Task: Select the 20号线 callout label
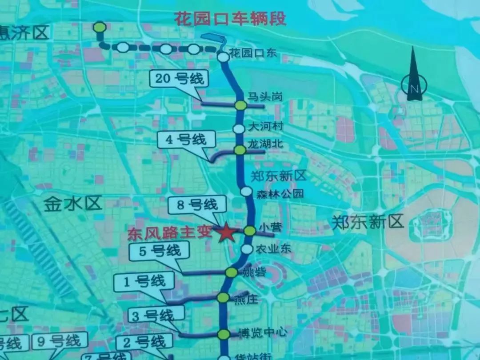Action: point(180,79)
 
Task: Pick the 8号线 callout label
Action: point(197,205)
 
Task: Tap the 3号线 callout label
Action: point(157,316)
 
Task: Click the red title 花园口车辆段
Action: point(230,19)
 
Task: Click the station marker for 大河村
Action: point(239,128)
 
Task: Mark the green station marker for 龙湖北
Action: point(240,150)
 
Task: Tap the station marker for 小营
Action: point(250,231)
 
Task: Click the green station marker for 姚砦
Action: point(232,272)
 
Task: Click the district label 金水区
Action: point(73,204)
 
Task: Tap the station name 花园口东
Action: point(253,54)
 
